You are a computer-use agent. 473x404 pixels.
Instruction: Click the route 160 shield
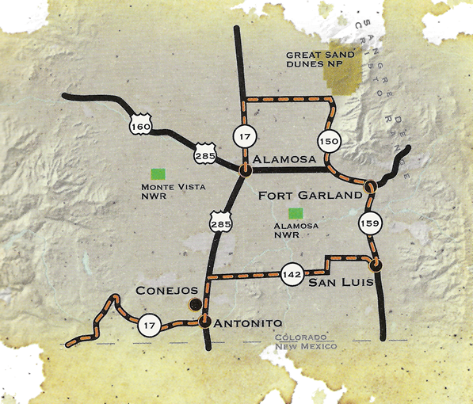[x=139, y=125]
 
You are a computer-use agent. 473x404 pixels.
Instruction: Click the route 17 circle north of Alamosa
[x=242, y=135]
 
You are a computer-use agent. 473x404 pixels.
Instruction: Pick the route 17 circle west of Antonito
[x=148, y=324]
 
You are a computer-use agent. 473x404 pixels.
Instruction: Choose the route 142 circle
[x=291, y=274]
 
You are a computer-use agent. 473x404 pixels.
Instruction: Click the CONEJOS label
[x=161, y=290]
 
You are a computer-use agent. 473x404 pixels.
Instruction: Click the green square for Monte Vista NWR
[x=159, y=172]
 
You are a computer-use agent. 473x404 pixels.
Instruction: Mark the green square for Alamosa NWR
[x=296, y=212]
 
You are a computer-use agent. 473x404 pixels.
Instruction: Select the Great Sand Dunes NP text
[x=321, y=61]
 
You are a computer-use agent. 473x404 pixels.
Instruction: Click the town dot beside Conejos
[x=193, y=304]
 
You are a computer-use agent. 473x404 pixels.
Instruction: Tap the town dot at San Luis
[x=376, y=264]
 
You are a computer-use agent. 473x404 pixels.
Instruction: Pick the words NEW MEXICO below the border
[x=305, y=347]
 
